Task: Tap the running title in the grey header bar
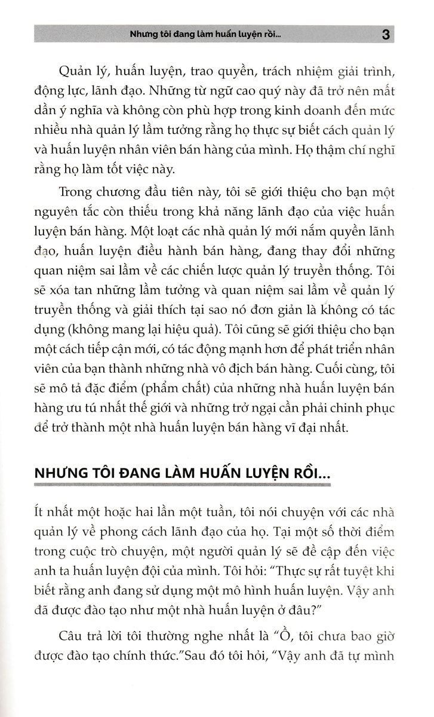pyautogui.click(x=209, y=34)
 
